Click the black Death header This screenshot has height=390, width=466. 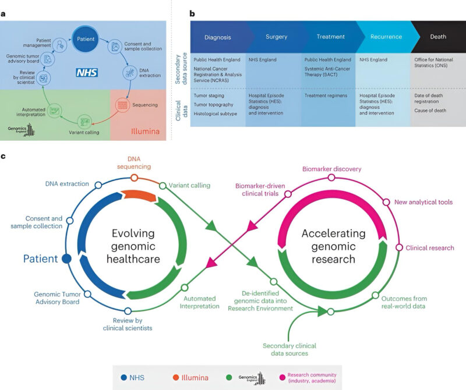click(437, 37)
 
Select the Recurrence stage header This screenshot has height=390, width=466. click(386, 37)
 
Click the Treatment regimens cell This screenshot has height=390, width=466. click(326, 95)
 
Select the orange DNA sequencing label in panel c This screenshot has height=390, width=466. click(134, 162)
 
